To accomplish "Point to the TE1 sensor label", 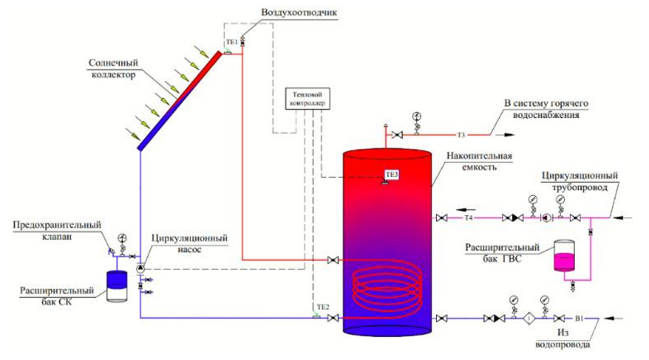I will click(232, 42).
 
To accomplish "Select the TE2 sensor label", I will click(323, 307).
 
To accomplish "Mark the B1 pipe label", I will click(579, 319).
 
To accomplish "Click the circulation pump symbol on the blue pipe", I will click(141, 269).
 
